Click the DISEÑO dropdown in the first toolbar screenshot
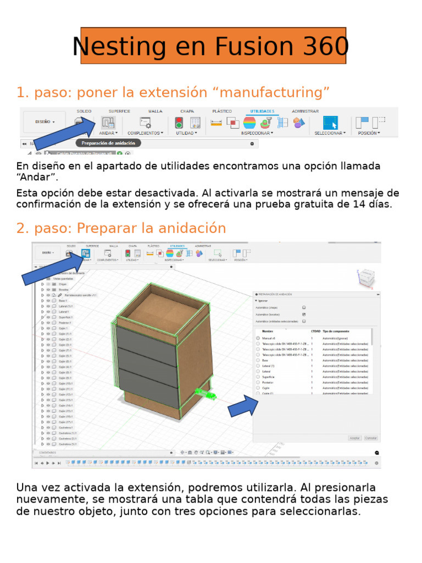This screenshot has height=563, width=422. (x=45, y=122)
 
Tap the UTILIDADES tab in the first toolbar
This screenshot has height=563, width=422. (x=262, y=111)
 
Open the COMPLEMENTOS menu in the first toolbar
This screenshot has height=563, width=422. (x=145, y=133)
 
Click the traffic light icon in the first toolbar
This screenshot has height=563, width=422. (x=179, y=123)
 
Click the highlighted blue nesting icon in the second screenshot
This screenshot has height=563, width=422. (x=85, y=253)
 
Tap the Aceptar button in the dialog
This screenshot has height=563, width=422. (x=355, y=438)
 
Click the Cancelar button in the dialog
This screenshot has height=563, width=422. (x=371, y=438)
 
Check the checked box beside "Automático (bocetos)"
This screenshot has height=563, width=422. (x=304, y=314)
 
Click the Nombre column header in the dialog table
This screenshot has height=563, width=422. (x=268, y=332)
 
